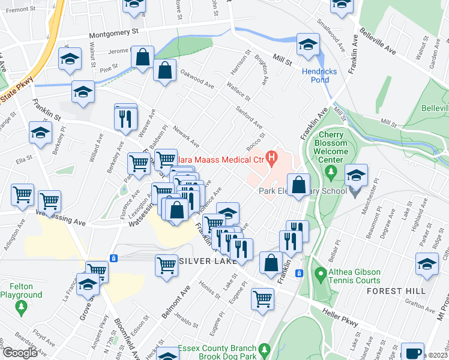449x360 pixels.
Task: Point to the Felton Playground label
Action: point(21,291)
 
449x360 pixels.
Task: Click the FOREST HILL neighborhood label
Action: point(398,291)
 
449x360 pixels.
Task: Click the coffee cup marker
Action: point(412,352)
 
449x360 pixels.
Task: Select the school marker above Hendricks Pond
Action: point(309,46)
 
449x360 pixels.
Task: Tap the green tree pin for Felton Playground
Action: point(22,308)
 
